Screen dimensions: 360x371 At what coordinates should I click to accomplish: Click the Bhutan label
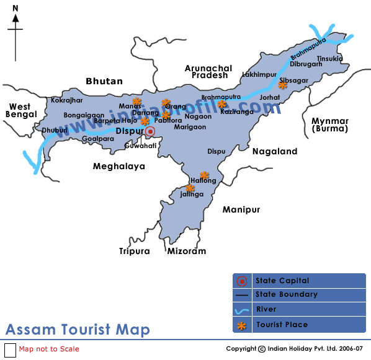104,81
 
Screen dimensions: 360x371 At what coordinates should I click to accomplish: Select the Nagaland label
274,151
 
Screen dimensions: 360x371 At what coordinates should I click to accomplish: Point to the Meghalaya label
118,166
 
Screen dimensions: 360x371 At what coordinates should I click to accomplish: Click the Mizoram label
186,251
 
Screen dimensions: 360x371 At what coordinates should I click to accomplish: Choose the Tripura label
135,251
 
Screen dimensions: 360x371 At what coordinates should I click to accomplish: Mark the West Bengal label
19,111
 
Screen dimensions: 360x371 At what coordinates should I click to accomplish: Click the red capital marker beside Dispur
150,131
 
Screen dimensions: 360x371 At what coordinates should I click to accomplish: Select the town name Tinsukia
329,59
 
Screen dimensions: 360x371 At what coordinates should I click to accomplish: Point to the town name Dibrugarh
306,63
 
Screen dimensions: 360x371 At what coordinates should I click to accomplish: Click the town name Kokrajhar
67,100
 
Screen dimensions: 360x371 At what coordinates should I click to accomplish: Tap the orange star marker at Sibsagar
284,86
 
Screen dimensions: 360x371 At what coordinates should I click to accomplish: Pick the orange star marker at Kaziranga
222,103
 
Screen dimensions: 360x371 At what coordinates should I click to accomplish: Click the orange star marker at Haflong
204,175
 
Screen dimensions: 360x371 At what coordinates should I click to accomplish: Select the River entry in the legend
267,309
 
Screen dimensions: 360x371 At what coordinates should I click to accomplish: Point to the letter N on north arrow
15,8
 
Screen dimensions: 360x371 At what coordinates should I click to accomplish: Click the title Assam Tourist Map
78,329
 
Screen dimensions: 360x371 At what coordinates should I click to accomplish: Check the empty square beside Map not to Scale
10,349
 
